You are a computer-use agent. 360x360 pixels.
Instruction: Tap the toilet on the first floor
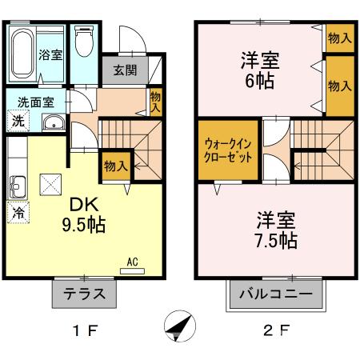[x=84, y=44]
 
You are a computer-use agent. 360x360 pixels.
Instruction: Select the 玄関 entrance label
[x=124, y=70]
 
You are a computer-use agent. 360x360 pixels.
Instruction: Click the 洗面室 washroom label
[x=31, y=102]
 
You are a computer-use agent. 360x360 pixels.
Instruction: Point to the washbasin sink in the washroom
[x=54, y=122]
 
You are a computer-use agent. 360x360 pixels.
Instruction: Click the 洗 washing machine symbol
[x=17, y=122]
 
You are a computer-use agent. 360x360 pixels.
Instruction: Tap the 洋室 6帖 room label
[x=260, y=70]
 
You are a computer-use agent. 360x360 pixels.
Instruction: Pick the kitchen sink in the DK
[x=20, y=186]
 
